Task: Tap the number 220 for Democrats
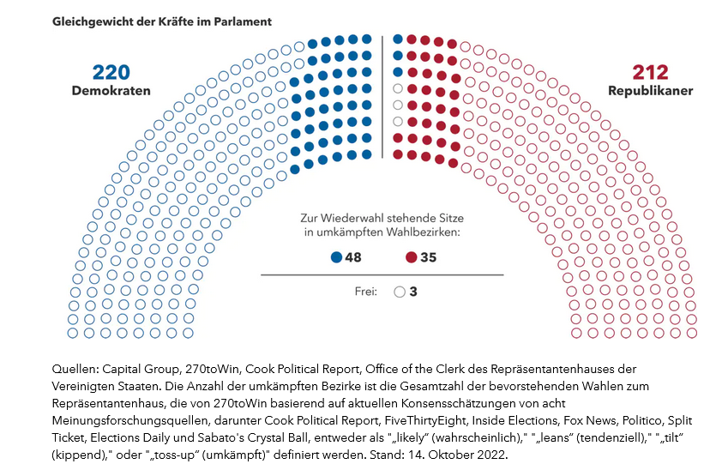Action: (x=111, y=72)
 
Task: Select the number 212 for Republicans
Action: (x=650, y=72)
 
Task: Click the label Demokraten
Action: (x=111, y=91)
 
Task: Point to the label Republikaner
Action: (x=650, y=91)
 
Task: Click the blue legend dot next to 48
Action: (x=336, y=257)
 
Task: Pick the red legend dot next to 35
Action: (x=411, y=257)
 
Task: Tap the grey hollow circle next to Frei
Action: (x=399, y=292)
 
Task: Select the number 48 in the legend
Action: (x=353, y=257)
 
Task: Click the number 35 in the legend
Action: (x=428, y=257)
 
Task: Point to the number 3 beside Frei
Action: (x=413, y=292)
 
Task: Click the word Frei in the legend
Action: (x=366, y=292)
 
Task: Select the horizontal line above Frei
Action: (x=382, y=275)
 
